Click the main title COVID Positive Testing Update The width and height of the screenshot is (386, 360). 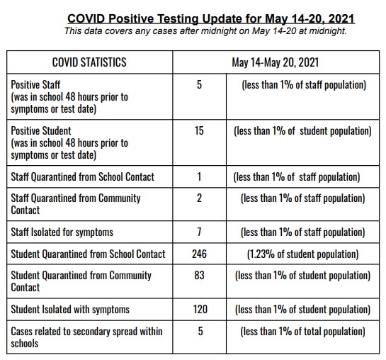[x=211, y=19]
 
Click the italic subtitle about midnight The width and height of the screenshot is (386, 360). [x=205, y=31]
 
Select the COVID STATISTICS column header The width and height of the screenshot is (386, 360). [x=89, y=62]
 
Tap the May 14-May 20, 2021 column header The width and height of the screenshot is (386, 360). [x=276, y=62]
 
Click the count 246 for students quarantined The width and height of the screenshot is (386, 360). [x=199, y=254]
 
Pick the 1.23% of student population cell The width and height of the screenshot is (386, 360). [x=302, y=254]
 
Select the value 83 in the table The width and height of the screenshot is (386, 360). [x=199, y=275]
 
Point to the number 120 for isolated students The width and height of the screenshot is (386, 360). [x=200, y=309]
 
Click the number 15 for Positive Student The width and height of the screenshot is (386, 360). [x=199, y=130]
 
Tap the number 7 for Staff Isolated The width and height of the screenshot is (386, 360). [x=199, y=232]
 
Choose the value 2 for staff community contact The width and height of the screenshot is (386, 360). [x=199, y=198]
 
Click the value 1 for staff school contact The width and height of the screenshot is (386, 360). [x=199, y=176]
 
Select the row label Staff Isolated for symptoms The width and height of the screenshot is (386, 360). [x=62, y=232]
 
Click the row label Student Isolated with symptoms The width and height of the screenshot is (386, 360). [x=70, y=310]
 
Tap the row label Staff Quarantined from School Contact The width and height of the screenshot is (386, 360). [x=83, y=176]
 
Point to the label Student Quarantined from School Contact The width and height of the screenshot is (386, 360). [x=88, y=254]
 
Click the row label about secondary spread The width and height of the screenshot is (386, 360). [x=86, y=337]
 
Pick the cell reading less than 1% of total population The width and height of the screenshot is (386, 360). [x=302, y=332]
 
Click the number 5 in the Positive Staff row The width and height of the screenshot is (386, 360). [x=199, y=84]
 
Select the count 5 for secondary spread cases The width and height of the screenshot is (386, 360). [x=200, y=331]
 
